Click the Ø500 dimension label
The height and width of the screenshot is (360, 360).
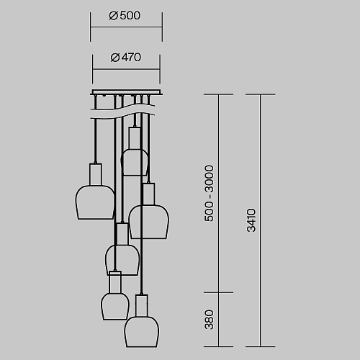125,16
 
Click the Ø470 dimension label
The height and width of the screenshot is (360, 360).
126,58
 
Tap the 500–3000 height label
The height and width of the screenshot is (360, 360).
209,193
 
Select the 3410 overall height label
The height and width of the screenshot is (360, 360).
251,220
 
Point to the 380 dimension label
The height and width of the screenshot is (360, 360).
209,320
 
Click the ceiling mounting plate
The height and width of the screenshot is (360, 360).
126,92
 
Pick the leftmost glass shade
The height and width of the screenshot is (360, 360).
95,202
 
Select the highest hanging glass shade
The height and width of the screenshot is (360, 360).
134,162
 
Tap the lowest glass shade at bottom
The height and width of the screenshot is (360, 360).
142,332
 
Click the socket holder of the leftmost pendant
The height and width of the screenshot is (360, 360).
96,174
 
